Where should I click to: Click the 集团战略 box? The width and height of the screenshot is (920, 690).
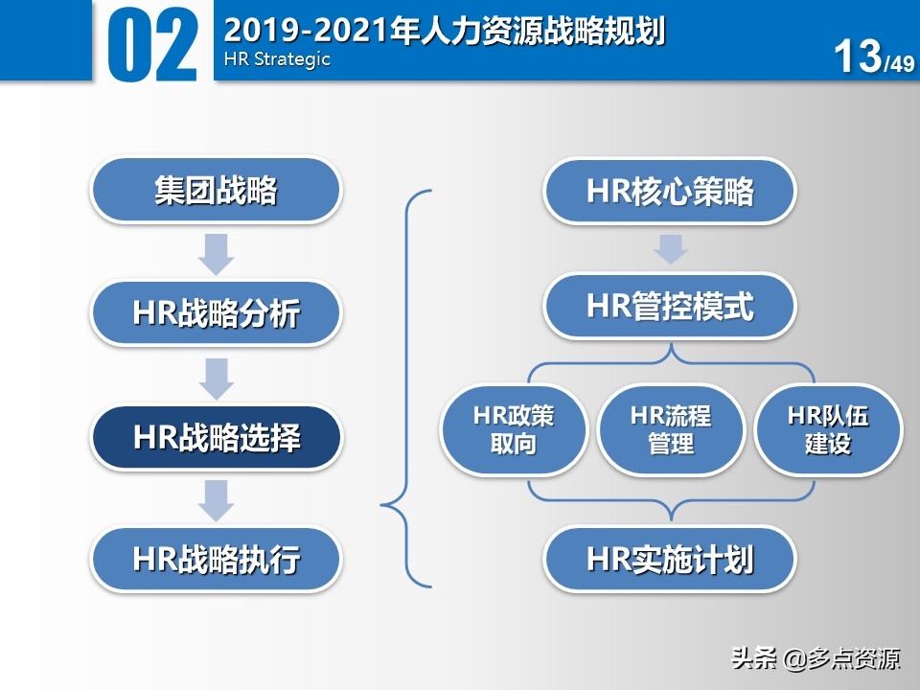pos(216,190)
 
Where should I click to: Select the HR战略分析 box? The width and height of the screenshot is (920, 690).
pos(216,312)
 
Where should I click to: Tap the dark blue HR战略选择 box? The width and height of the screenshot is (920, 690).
pos(216,438)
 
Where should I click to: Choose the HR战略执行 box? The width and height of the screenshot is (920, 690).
pos(216,559)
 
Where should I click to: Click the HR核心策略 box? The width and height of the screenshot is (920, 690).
pos(670,192)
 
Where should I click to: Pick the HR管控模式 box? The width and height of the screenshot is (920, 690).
pos(670,307)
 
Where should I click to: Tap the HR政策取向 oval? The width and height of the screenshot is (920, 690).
pos(514,429)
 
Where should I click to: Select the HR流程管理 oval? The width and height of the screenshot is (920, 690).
pos(671,429)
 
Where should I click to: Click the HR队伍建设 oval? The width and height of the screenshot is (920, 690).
pos(828,429)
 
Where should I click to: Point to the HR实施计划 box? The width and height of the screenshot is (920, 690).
pos(670,559)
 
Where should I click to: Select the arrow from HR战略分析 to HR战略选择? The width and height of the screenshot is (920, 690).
pos(217,377)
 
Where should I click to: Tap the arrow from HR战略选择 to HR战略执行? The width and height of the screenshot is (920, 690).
pos(217,499)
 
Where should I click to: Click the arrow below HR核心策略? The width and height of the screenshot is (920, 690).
pos(670,249)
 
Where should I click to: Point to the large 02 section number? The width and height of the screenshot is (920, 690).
pos(153,43)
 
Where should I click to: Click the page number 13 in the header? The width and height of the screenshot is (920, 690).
pos(858,57)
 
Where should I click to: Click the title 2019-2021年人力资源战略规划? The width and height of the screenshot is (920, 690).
pos(444,30)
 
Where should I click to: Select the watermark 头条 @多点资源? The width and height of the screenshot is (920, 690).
pos(816,659)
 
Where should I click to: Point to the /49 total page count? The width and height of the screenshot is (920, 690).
pos(900,64)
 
